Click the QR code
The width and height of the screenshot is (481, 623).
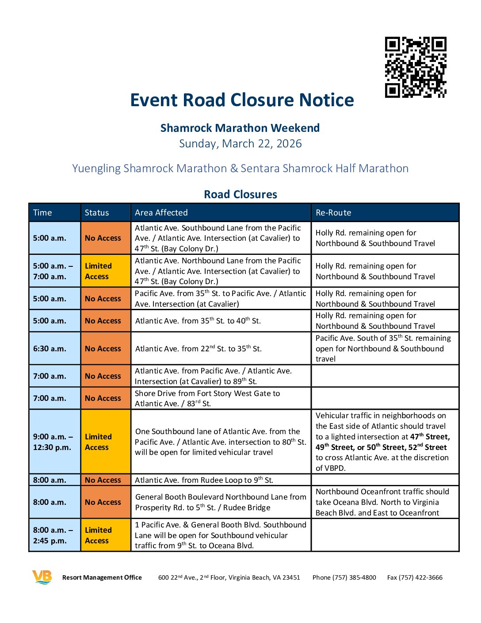[416, 67]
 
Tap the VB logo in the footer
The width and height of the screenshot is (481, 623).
[42, 577]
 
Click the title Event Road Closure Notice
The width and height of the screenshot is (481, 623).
[242, 100]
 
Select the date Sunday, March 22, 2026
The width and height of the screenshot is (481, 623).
[240, 144]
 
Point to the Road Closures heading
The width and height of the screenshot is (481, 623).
[240, 194]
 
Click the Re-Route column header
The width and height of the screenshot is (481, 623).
[333, 213]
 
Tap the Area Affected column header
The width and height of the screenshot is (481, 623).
[161, 213]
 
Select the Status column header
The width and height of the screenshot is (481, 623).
[97, 213]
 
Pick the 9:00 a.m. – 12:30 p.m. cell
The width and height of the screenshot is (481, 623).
[53, 442]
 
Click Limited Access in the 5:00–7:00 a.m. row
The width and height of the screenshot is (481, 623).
[99, 271]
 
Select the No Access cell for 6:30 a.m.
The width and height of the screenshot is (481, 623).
[103, 349]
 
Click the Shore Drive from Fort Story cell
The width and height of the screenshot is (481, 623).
[207, 398]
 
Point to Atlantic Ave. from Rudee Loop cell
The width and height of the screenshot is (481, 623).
[204, 480]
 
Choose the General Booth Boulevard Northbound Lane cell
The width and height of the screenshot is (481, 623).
[221, 502]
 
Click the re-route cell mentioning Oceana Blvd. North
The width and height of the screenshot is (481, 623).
[382, 502]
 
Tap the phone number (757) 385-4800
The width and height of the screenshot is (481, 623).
[344, 577]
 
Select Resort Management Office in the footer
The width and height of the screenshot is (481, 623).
[102, 577]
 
